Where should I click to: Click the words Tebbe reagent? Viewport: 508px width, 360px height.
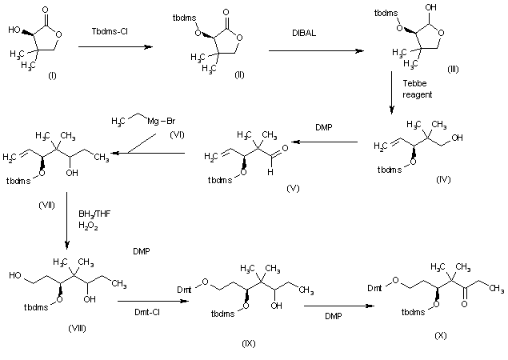pyautogui.click(x=416, y=88)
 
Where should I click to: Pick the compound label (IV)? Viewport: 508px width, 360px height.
pyautogui.click(x=442, y=181)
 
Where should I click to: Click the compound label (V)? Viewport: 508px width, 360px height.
pyautogui.click(x=293, y=186)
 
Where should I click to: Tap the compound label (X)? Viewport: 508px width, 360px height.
pyautogui.click(x=439, y=336)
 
